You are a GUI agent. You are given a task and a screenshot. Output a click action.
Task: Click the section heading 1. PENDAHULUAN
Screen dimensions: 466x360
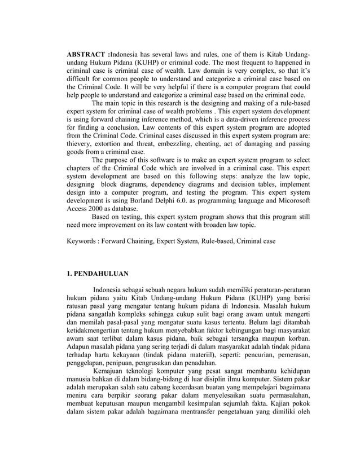98,274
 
